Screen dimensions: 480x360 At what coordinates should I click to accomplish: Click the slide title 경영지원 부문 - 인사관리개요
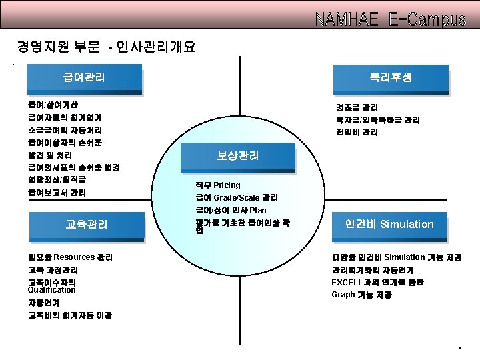(x=106, y=47)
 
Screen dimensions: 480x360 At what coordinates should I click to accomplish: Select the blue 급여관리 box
(x=84, y=78)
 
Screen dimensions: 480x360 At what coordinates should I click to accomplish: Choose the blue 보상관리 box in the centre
(x=237, y=157)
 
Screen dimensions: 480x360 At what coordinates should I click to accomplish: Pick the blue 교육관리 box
(x=87, y=225)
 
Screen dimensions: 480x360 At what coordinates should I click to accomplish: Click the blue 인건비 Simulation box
(x=389, y=225)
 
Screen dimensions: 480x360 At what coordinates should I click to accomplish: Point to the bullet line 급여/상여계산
(x=53, y=105)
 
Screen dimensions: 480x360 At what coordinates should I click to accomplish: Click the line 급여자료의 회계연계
(x=65, y=117)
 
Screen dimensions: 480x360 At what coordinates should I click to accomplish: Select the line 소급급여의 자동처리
(x=65, y=130)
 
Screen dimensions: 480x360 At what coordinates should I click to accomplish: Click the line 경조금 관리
(x=357, y=107)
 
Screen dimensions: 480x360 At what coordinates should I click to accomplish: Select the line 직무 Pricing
(x=218, y=185)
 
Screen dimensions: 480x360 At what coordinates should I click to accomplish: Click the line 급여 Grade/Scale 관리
(x=237, y=198)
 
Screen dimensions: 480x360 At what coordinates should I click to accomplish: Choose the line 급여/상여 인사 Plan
(x=231, y=211)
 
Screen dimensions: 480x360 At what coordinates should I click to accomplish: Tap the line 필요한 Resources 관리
(x=70, y=257)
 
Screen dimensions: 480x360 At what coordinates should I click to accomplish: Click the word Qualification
(x=52, y=290)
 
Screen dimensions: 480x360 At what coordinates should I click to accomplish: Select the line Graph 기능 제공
(x=361, y=295)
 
